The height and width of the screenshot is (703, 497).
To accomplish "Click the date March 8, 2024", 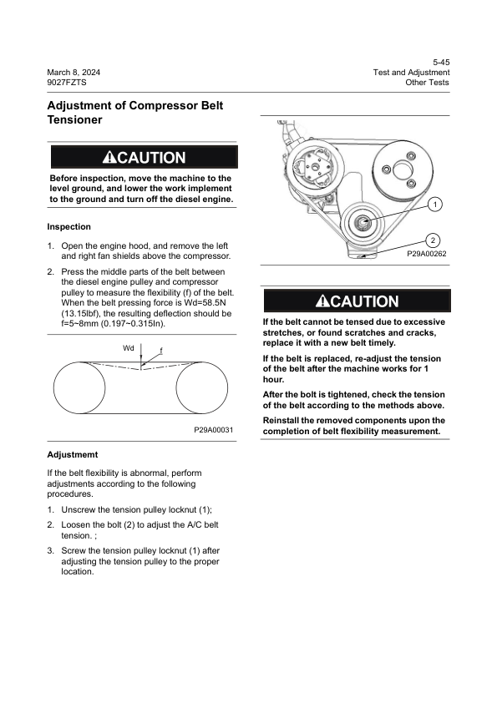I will [x=74, y=73].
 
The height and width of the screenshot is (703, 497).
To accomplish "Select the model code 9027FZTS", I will [x=68, y=83].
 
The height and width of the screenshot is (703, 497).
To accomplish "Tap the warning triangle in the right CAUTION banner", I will [x=322, y=301].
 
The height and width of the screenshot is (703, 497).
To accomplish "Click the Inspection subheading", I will [x=68, y=226].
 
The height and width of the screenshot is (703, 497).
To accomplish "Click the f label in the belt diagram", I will [x=161, y=350].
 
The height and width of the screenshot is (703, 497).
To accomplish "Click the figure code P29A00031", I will [x=213, y=429].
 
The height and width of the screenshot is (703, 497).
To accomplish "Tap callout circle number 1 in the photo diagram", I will [x=436, y=205].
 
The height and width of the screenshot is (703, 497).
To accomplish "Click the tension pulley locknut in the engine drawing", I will [x=365, y=222].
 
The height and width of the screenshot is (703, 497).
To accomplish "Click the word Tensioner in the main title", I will [x=75, y=120].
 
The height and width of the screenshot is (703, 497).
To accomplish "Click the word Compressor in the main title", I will [x=157, y=107].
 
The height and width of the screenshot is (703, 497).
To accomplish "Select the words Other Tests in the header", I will [x=427, y=83].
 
